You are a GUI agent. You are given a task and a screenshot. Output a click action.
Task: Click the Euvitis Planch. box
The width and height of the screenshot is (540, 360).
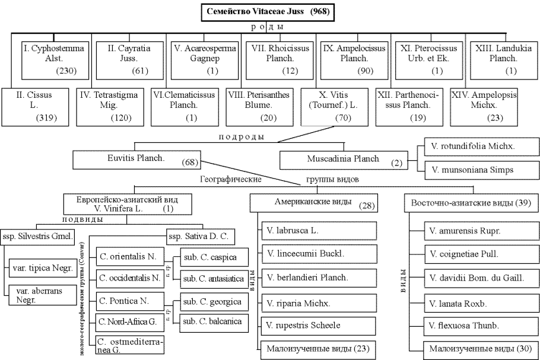pos(137,159)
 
